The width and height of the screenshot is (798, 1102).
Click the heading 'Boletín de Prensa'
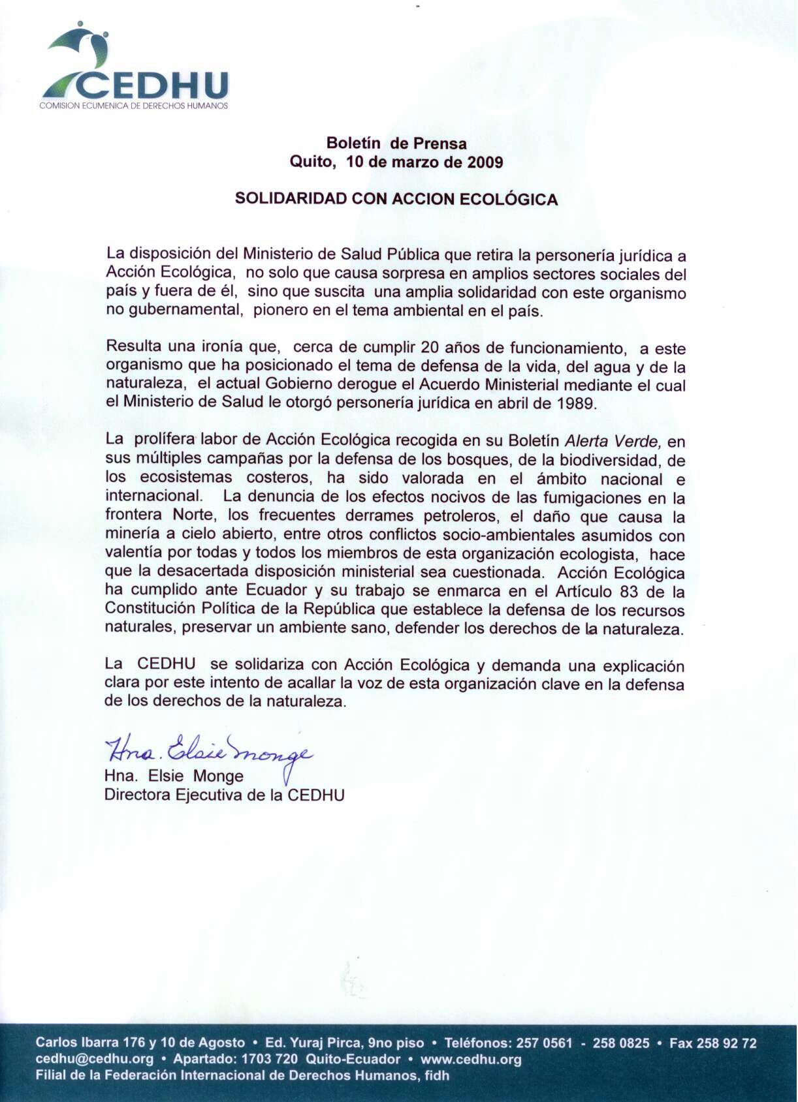pos(396,144)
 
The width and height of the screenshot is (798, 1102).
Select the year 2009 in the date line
pos(485,162)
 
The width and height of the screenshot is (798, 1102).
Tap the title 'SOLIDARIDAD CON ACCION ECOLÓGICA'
pos(396,199)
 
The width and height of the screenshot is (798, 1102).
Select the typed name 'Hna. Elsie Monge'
pos(174,776)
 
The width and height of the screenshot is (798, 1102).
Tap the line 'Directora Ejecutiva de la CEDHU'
pos(224,795)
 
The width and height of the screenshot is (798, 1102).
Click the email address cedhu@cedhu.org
pos(95,1059)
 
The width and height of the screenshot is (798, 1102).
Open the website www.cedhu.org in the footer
pos(471,1059)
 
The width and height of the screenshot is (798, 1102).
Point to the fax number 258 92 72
pos(726,1043)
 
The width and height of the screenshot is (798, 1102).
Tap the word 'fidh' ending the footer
pos(437,1075)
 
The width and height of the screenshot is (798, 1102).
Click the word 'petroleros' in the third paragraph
pos(460,517)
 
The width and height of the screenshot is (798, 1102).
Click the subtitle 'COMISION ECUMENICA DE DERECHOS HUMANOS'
pos(134,106)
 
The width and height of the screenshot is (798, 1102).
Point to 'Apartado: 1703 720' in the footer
pos(235,1059)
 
